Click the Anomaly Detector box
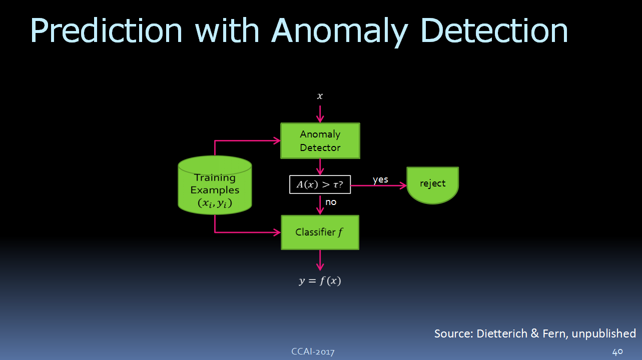click(320, 140)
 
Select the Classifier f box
click(320, 232)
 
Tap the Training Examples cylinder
click(215, 185)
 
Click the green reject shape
click(432, 185)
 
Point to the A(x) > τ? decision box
click(320, 184)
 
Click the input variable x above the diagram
click(320, 96)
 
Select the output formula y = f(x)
click(320, 280)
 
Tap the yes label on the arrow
click(380, 179)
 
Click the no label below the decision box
click(331, 202)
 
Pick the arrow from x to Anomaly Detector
click(320, 114)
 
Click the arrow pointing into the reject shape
click(378, 185)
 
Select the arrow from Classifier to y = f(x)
click(320, 260)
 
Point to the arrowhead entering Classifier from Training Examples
click(277, 232)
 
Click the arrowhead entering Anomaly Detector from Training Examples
click(277, 140)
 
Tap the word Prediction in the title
click(106, 30)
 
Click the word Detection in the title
click(494, 30)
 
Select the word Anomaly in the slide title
click(340, 32)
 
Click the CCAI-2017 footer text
click(313, 351)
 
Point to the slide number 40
click(617, 351)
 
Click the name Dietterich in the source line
click(502, 333)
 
